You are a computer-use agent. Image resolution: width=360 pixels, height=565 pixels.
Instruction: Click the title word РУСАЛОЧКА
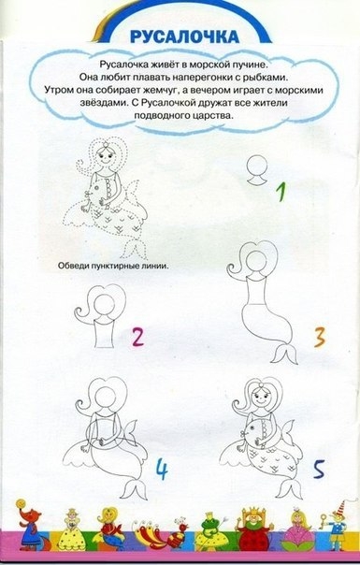pyautogui.click(x=184, y=36)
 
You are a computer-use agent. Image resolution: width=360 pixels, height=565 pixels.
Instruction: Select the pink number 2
pyautogui.click(x=137, y=337)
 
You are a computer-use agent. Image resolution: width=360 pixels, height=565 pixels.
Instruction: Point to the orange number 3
pyautogui.click(x=320, y=338)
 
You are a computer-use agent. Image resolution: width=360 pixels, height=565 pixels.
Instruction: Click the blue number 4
pyautogui.click(x=162, y=470)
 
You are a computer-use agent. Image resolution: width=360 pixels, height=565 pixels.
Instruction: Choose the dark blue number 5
pyautogui.click(x=319, y=469)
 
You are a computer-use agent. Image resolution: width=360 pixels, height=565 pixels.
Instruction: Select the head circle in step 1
pyautogui.click(x=258, y=167)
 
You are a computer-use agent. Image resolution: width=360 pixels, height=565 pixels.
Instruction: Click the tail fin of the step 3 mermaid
pyautogui.click(x=284, y=354)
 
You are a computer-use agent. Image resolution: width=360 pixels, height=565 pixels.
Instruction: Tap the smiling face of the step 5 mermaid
pyautogui.click(x=259, y=398)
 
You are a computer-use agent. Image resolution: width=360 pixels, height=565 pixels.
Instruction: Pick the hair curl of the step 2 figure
pyautogui.click(x=81, y=312)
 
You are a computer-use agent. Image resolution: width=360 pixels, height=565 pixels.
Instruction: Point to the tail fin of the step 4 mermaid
pyautogui.click(x=135, y=488)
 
